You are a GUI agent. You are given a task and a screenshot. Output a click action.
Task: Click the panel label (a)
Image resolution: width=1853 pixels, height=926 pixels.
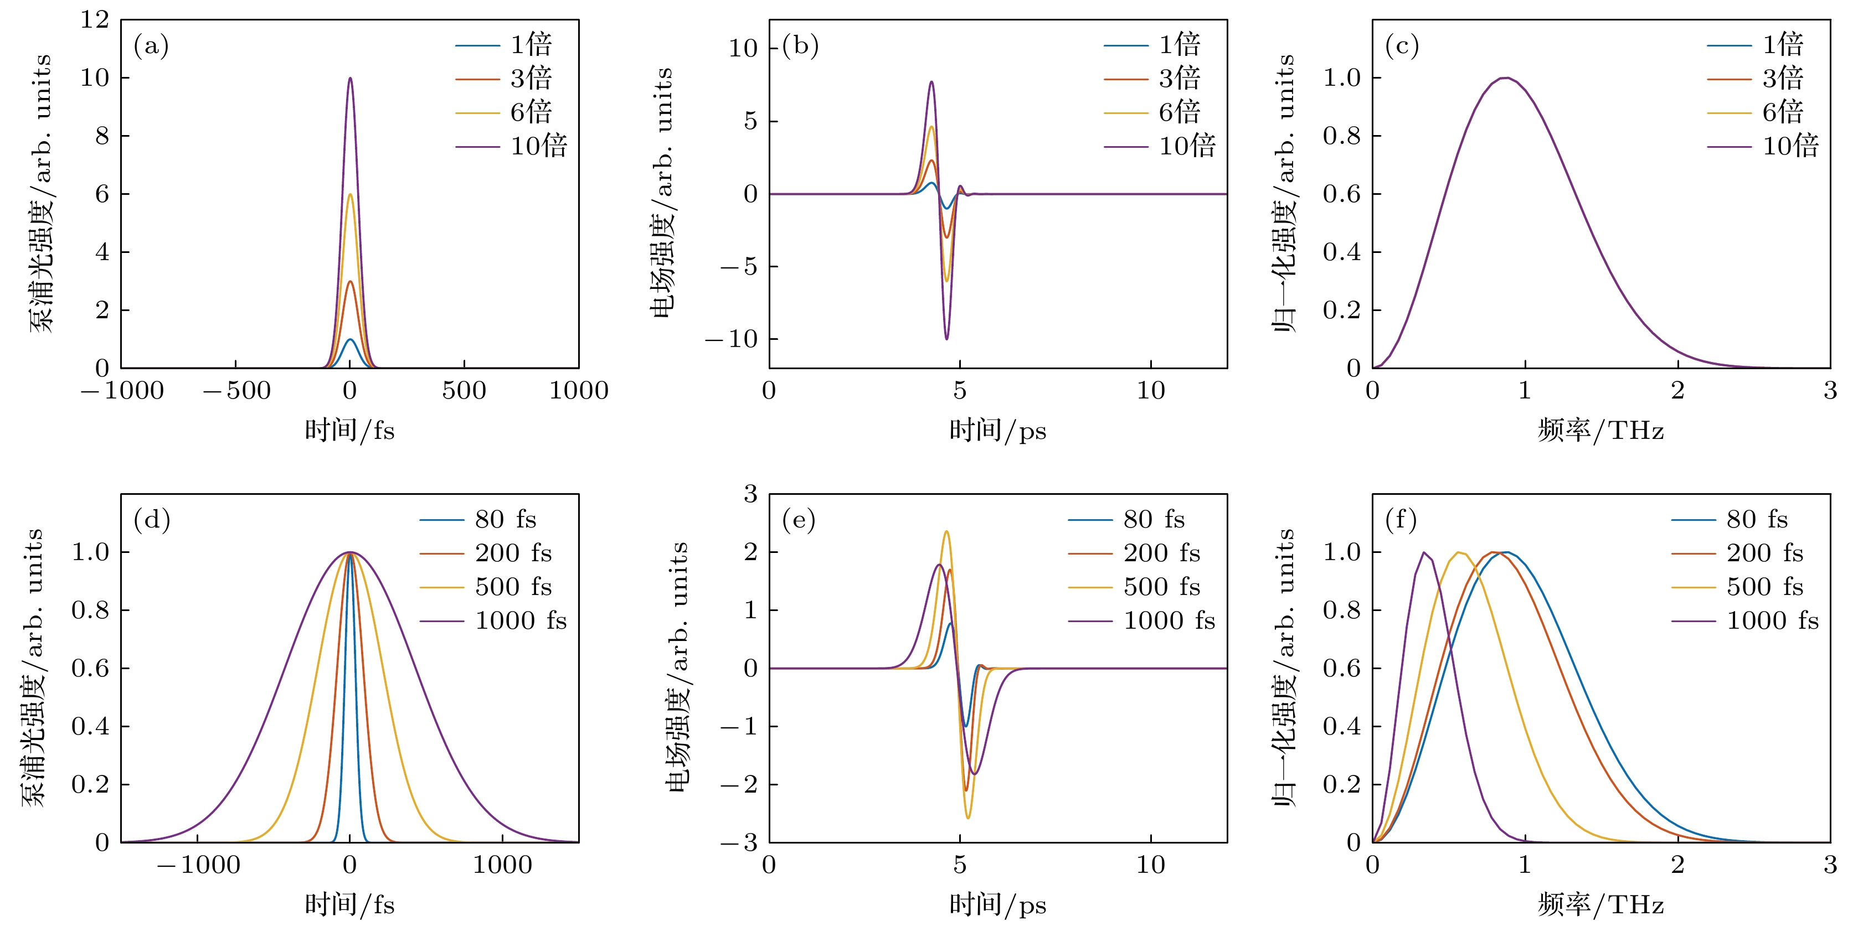151,46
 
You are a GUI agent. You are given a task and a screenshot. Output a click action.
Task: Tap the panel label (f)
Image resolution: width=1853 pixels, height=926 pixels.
1401,520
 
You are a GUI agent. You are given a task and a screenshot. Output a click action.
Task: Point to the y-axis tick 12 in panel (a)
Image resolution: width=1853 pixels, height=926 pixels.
94,20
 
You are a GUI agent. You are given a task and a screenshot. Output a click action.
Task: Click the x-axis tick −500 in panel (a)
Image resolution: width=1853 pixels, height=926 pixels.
236,391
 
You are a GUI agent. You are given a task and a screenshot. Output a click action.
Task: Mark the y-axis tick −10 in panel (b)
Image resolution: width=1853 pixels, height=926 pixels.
732,339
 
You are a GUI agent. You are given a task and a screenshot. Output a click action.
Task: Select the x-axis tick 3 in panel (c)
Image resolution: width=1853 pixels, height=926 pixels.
1830,391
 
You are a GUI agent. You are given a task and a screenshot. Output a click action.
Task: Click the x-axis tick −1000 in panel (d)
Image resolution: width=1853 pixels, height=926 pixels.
198,865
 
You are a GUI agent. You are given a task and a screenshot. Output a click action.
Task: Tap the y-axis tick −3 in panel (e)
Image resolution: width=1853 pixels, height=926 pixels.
740,842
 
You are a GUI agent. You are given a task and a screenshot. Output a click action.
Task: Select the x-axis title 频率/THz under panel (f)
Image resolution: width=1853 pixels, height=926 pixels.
1600,904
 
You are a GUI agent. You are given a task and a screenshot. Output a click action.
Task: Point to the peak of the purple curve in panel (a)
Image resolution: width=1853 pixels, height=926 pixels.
351,79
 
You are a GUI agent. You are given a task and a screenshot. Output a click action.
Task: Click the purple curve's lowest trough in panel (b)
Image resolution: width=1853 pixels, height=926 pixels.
946,339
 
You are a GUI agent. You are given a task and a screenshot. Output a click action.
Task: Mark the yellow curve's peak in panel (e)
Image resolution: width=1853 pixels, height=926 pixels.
946,532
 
